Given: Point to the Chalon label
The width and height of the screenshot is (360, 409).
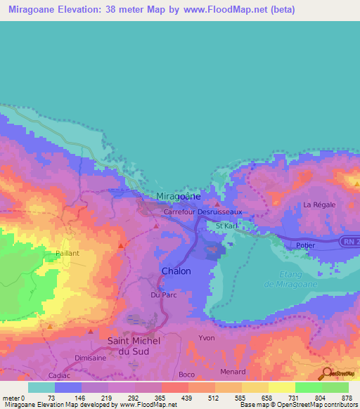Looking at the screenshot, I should pyautogui.click(x=176, y=271).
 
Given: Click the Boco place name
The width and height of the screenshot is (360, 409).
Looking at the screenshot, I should pyautogui.click(x=186, y=375).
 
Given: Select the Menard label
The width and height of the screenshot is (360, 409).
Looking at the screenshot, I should pyautogui.click(x=233, y=372).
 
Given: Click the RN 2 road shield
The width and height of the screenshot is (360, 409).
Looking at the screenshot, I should pyautogui.click(x=351, y=241).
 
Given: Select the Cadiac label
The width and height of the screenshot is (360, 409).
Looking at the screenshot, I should pyautogui.click(x=60, y=375).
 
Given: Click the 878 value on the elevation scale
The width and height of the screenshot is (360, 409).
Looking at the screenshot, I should pyautogui.click(x=347, y=398).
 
